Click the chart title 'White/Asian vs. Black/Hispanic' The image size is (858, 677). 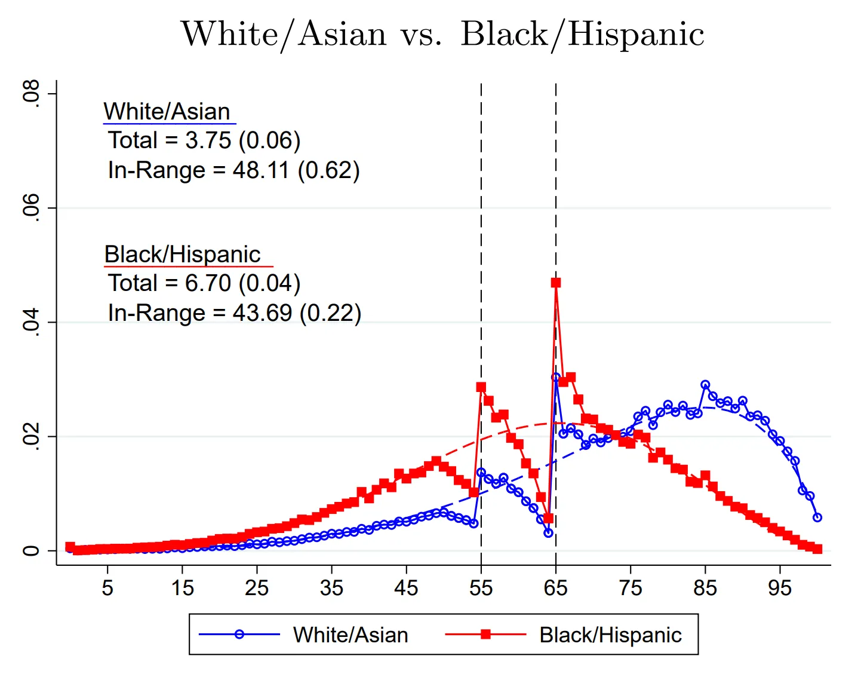tap(442, 34)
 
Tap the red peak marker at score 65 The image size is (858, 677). tap(556, 283)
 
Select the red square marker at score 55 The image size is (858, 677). tap(481, 387)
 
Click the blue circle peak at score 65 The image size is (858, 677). tap(556, 378)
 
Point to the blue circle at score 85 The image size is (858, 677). tap(705, 385)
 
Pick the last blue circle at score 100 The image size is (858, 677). tap(817, 517)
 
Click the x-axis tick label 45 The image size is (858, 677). tap(406, 589)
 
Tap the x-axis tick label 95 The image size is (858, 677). tap(780, 589)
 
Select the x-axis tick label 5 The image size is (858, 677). tap(107, 589)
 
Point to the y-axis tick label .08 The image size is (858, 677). tap(31, 93)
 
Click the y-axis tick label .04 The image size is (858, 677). tap(31, 322)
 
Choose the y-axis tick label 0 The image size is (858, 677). tap(31, 550)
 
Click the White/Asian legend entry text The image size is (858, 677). tap(350, 635)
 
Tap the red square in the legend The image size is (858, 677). tap(485, 634)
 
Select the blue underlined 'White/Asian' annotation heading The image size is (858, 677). tap(167, 112)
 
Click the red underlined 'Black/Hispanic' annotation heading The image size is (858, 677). tap(183, 255)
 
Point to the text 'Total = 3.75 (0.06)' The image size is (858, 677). tap(204, 140)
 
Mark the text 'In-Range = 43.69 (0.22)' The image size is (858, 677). tap(235, 313)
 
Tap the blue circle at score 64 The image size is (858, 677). tap(548, 532)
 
